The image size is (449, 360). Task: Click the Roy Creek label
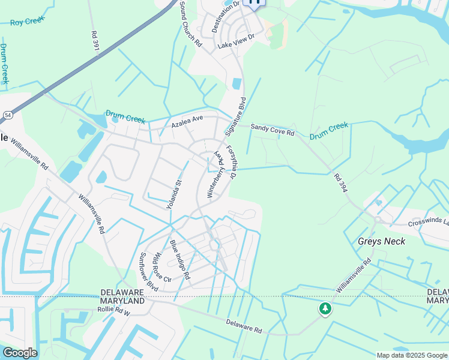[x=28, y=22]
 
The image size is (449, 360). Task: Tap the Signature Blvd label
[x=236, y=115]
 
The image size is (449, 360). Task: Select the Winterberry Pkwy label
[x=215, y=174]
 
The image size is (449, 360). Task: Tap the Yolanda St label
[x=173, y=193]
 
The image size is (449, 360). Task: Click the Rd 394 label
[x=340, y=182]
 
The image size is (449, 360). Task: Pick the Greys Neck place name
[x=381, y=241]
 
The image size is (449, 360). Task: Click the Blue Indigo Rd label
[x=179, y=260]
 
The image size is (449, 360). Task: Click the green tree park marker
[x=325, y=308]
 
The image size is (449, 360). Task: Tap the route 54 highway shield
[x=7, y=114]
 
